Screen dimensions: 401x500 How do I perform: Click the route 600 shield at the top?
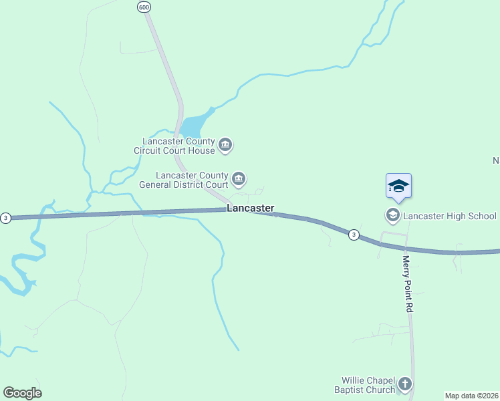(144, 7)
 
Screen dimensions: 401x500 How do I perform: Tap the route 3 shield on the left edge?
(5, 218)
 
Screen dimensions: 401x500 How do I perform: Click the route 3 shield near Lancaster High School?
(354, 234)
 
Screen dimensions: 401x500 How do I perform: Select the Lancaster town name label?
(251, 209)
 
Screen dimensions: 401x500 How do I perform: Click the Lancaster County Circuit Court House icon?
(225, 145)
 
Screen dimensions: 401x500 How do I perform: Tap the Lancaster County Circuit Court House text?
(178, 146)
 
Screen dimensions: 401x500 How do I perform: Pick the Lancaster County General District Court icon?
(239, 179)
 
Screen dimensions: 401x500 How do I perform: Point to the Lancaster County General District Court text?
(184, 180)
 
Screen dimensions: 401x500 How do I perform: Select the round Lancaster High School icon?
(392, 215)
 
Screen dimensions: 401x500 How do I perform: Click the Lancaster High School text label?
(450, 216)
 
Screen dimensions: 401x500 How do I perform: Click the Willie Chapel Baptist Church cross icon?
(404, 384)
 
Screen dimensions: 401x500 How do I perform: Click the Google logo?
(22, 393)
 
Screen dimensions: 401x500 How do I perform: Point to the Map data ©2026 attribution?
(471, 396)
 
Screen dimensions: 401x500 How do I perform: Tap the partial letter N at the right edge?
(496, 160)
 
